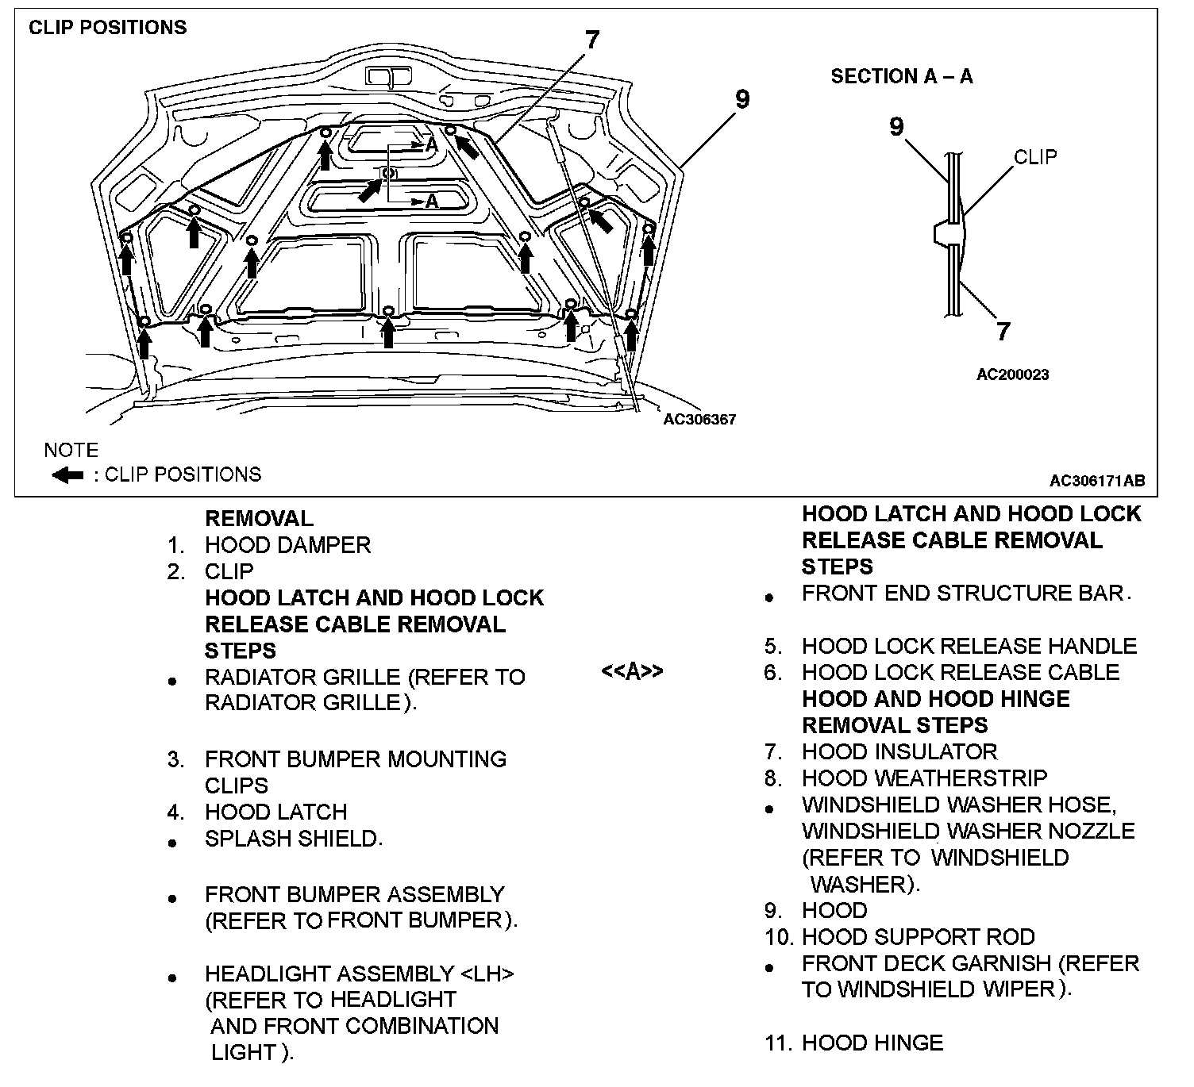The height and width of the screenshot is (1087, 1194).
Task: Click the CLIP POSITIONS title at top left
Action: point(107,27)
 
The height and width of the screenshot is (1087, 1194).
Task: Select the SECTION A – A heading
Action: point(901,76)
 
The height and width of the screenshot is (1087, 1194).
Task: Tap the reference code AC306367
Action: point(699,419)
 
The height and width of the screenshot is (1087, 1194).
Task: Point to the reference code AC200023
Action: point(1012,374)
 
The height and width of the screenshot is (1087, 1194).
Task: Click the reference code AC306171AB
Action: point(1096,480)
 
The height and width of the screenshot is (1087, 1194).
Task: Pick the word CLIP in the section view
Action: point(1035,157)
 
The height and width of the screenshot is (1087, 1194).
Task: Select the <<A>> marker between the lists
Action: point(632,671)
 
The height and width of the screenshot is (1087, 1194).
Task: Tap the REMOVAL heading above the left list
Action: point(259,519)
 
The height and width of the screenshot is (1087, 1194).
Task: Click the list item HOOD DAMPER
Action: point(287,545)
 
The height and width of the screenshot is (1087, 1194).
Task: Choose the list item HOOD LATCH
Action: point(275,812)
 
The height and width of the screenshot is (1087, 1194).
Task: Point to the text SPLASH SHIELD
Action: point(293,839)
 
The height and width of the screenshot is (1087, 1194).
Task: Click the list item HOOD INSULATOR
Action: point(899,751)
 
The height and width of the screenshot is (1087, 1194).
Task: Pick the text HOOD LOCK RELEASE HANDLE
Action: point(969,646)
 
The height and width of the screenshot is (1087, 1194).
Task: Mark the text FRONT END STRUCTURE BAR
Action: point(965,593)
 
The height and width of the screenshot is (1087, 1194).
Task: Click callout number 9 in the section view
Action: point(896,126)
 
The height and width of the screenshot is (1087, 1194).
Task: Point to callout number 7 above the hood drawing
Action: point(592,40)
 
